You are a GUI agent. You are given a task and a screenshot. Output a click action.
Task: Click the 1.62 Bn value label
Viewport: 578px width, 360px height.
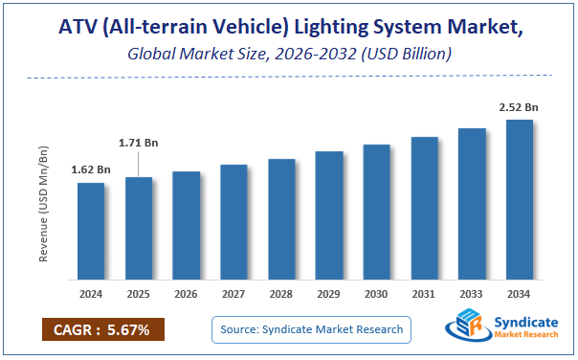pyautogui.click(x=90, y=169)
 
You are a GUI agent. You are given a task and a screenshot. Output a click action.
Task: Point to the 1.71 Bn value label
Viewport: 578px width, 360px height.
pyautogui.click(x=139, y=143)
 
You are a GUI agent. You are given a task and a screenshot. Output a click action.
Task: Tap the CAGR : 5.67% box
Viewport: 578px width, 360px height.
pyautogui.click(x=102, y=330)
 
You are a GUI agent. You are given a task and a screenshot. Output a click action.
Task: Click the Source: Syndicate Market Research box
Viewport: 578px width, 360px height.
pyautogui.click(x=310, y=330)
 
